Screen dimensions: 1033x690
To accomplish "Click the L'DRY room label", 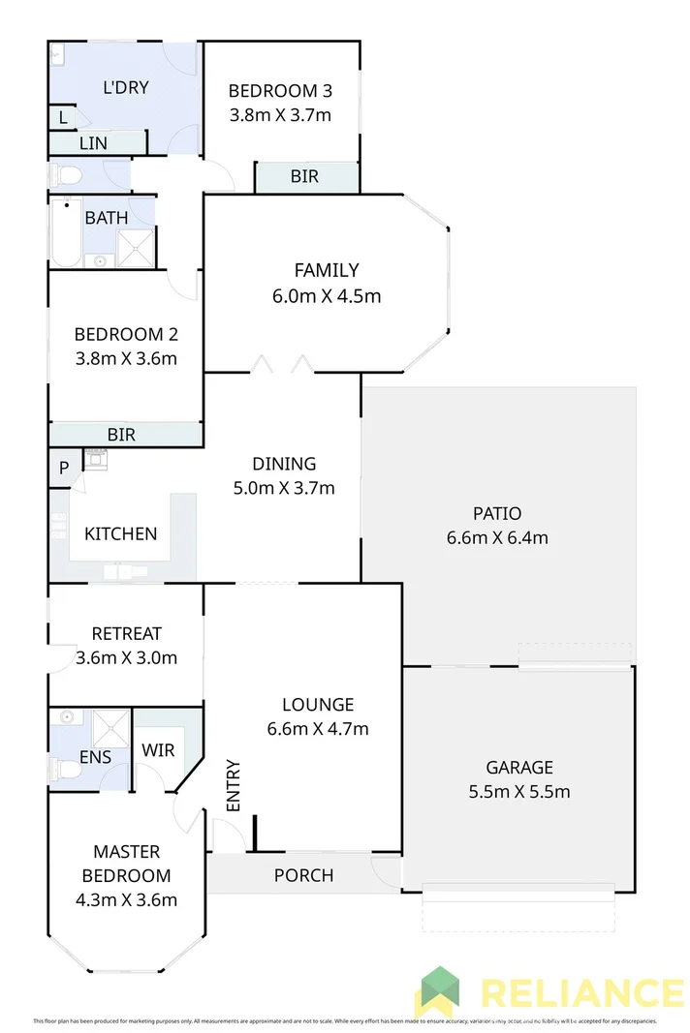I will pyautogui.click(x=126, y=87).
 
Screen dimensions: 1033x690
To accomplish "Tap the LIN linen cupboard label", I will pyautogui.click(x=94, y=143).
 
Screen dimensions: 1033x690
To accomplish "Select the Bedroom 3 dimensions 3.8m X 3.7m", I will pyautogui.click(x=280, y=115).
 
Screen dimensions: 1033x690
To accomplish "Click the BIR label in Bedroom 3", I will pyautogui.click(x=304, y=177).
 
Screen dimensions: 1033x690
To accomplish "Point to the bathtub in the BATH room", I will pyautogui.click(x=66, y=232).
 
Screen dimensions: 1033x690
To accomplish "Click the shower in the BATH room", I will pyautogui.click(x=135, y=248).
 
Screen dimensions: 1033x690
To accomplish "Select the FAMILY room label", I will pyautogui.click(x=327, y=270).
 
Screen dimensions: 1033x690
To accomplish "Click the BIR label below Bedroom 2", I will pyautogui.click(x=121, y=436).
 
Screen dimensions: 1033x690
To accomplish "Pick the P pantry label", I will pyautogui.click(x=64, y=469).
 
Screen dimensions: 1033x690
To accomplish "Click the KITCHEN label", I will pyautogui.click(x=120, y=533).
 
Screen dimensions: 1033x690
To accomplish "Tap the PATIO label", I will pyautogui.click(x=497, y=513).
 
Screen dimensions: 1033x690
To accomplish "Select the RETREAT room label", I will pyautogui.click(x=126, y=633).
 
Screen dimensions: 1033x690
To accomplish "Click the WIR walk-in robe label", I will pyautogui.click(x=158, y=750).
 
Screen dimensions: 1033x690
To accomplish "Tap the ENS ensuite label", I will pyautogui.click(x=95, y=757).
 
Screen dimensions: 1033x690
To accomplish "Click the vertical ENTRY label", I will pyautogui.click(x=233, y=786).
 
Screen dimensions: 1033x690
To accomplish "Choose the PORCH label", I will pyautogui.click(x=303, y=875).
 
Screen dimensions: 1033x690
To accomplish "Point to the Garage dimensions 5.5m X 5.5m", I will pyautogui.click(x=518, y=792).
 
